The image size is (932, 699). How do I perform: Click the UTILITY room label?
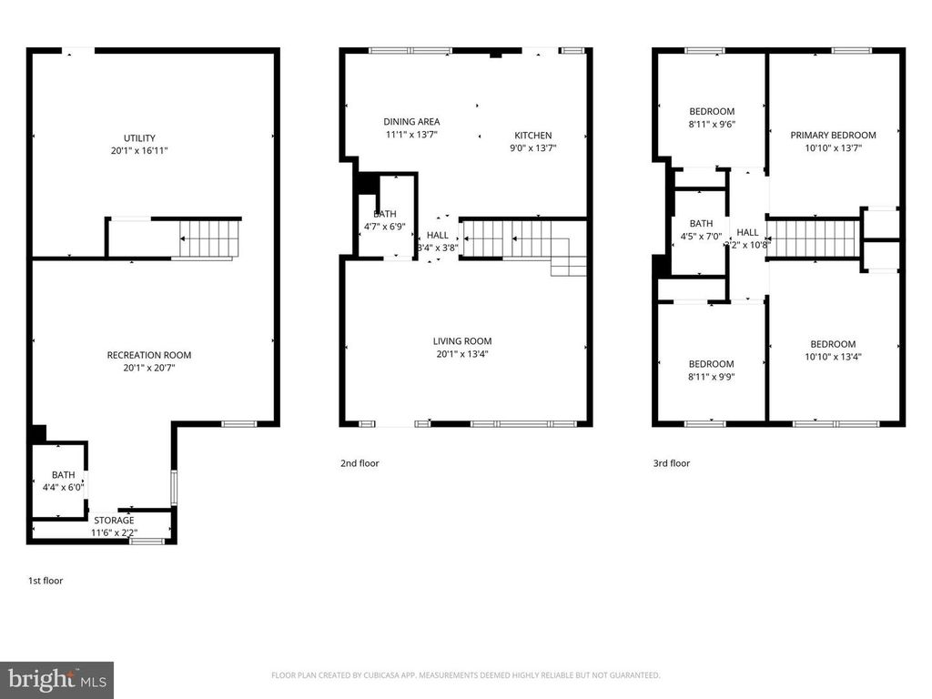(x=139, y=137)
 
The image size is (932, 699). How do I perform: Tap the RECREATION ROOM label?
(x=149, y=355)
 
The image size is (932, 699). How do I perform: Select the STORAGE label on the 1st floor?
(x=114, y=521)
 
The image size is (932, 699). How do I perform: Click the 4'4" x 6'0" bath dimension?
(x=63, y=487)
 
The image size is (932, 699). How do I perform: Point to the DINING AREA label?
(x=411, y=121)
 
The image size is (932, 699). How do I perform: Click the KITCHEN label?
(x=532, y=136)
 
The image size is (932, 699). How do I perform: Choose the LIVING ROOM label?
(x=462, y=341)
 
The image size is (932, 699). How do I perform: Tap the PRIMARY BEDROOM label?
(x=833, y=135)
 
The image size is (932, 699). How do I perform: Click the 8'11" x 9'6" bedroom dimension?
(x=711, y=125)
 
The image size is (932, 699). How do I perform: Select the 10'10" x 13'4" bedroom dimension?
(x=833, y=357)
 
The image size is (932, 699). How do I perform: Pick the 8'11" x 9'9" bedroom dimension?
(x=711, y=377)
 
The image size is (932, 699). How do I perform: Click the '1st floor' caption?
(x=45, y=580)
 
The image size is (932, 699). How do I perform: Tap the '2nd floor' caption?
(x=360, y=463)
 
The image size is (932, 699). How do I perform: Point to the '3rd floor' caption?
(x=672, y=463)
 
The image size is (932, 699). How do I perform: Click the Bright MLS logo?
(x=56, y=680)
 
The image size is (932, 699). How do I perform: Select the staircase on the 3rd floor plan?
(x=815, y=238)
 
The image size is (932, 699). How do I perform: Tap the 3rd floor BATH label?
(x=701, y=224)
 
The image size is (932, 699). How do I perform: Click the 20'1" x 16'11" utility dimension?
(x=139, y=150)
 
